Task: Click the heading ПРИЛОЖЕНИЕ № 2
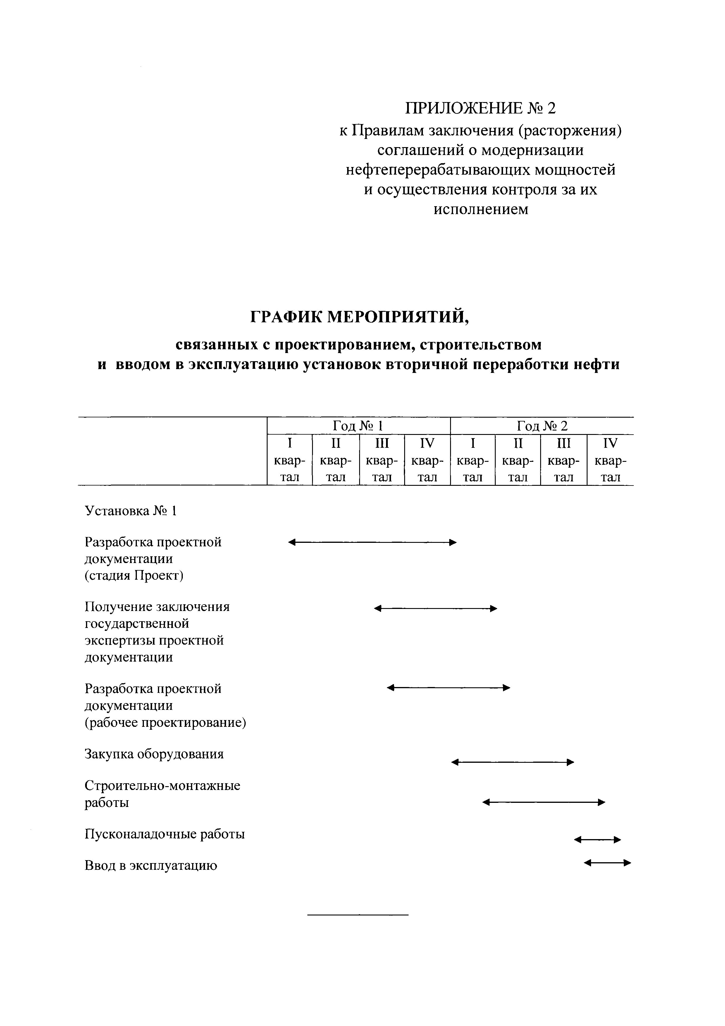[x=481, y=108]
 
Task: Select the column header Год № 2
[x=542, y=426]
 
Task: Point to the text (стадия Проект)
[x=134, y=576]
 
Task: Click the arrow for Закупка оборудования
[x=512, y=762]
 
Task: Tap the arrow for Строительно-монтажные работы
[x=544, y=803]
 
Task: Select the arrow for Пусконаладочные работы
[x=597, y=840]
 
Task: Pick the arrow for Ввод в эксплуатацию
[x=607, y=863]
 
